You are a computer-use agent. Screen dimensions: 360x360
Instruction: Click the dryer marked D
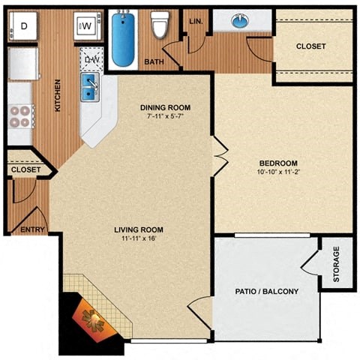tap(23, 25)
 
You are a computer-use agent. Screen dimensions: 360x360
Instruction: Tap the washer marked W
tap(85, 26)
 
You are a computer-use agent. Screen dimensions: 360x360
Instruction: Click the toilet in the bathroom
tap(159, 25)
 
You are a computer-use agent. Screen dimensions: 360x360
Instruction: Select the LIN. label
tap(196, 21)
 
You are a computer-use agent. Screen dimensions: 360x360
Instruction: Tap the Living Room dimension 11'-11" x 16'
tap(139, 238)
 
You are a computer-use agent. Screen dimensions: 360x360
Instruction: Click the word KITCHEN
tap(58, 97)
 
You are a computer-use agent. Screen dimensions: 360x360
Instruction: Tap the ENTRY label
tap(31, 230)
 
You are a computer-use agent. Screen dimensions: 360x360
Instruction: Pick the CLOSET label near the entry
tap(25, 170)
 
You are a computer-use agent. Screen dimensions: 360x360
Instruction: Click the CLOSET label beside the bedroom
tap(310, 46)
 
